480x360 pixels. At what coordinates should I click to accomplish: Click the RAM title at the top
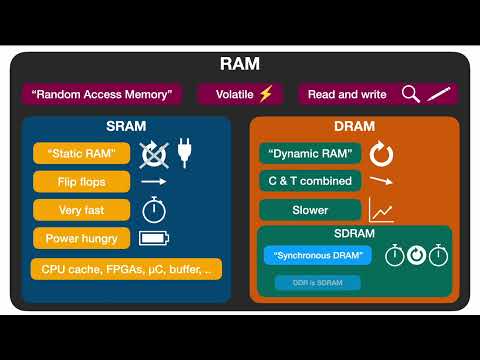(239, 65)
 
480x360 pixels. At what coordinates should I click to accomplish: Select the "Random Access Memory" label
(101, 95)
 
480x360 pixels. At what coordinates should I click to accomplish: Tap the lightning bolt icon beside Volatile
(265, 94)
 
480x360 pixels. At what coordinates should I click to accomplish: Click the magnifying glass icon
(410, 94)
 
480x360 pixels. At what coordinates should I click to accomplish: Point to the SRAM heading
(126, 126)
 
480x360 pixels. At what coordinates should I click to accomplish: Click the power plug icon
(185, 153)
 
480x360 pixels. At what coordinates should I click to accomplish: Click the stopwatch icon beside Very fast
(153, 210)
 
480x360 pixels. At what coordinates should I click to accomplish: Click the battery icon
(155, 238)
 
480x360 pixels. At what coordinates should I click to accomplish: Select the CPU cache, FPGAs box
(126, 269)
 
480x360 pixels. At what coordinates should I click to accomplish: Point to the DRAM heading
(354, 126)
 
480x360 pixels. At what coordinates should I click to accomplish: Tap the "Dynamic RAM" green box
(310, 154)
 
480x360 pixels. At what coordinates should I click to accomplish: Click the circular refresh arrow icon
(381, 154)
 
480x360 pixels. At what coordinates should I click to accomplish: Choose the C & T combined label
(310, 182)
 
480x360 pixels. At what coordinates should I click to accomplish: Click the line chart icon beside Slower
(381, 210)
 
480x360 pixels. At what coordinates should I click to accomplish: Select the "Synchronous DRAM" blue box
(318, 255)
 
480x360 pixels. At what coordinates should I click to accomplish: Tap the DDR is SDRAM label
(318, 283)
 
